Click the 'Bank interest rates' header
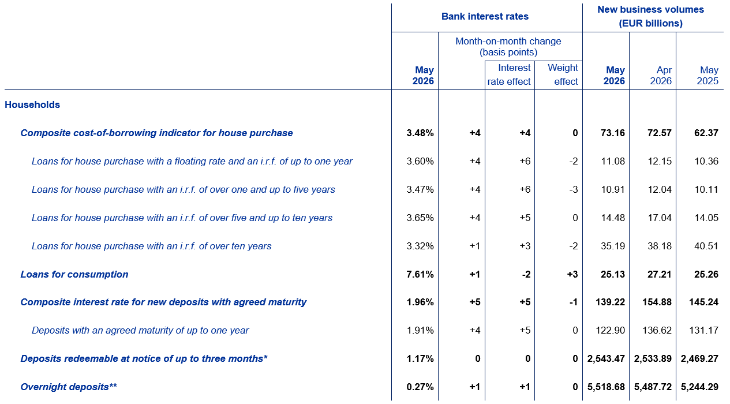coord(485,16)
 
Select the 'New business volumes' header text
coord(650,9)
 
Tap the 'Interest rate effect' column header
coord(509,74)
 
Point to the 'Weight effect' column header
coord(563,74)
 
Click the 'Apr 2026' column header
coord(661,75)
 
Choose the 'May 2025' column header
coord(707,75)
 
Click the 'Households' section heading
coord(32,104)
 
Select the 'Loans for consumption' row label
coord(74,274)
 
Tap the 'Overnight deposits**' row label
coord(69,387)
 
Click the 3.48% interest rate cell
coord(420,133)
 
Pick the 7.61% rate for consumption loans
coord(420,274)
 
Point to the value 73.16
coord(613,133)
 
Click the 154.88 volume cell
coord(657,302)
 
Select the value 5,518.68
coord(606,387)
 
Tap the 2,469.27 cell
coord(699,359)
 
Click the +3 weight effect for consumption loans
coord(572,274)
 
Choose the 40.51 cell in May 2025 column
coord(706,246)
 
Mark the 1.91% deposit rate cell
coord(420,330)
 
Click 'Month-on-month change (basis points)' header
coord(508,47)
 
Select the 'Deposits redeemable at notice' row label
coord(144,359)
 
